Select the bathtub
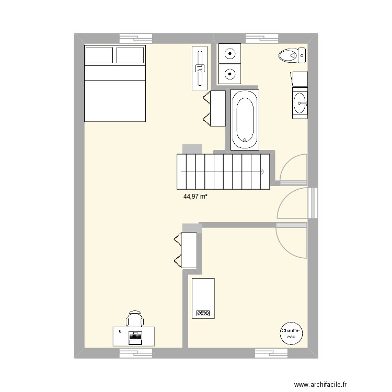[x=244, y=119]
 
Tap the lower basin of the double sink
[x=229, y=74]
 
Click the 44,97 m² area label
[x=196, y=197]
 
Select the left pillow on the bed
[x=99, y=55]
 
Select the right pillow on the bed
[x=130, y=55]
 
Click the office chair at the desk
[x=134, y=318]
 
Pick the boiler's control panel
[x=202, y=313]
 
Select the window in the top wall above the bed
[x=136, y=38]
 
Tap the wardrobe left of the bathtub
[x=214, y=108]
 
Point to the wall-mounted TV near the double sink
[x=200, y=67]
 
